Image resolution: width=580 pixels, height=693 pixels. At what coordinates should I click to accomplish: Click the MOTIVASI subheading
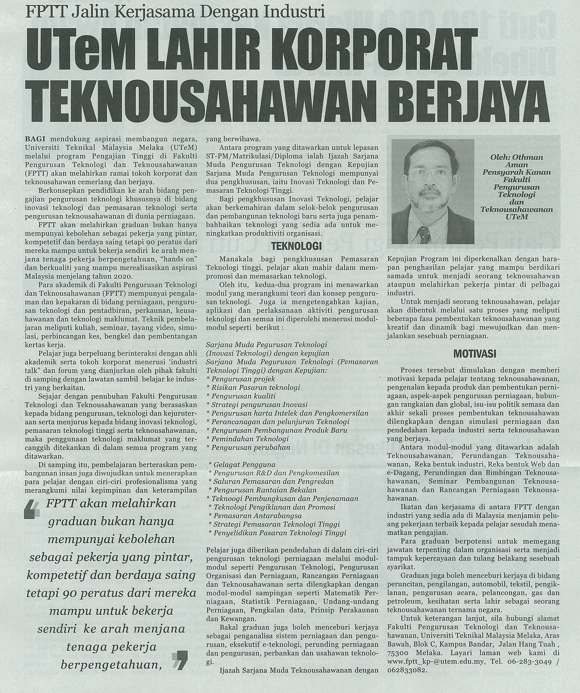click(x=475, y=354)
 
